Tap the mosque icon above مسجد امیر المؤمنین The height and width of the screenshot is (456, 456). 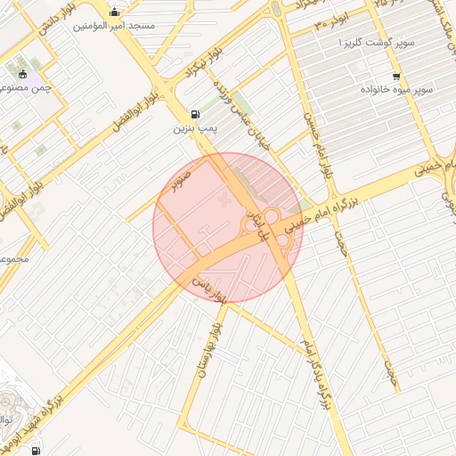tap(114, 12)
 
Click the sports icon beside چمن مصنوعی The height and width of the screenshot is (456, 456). tap(23, 73)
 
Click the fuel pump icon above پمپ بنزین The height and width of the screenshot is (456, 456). tap(195, 115)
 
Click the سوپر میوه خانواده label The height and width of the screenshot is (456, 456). tap(396, 90)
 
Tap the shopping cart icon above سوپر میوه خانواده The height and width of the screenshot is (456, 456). tap(395, 76)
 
